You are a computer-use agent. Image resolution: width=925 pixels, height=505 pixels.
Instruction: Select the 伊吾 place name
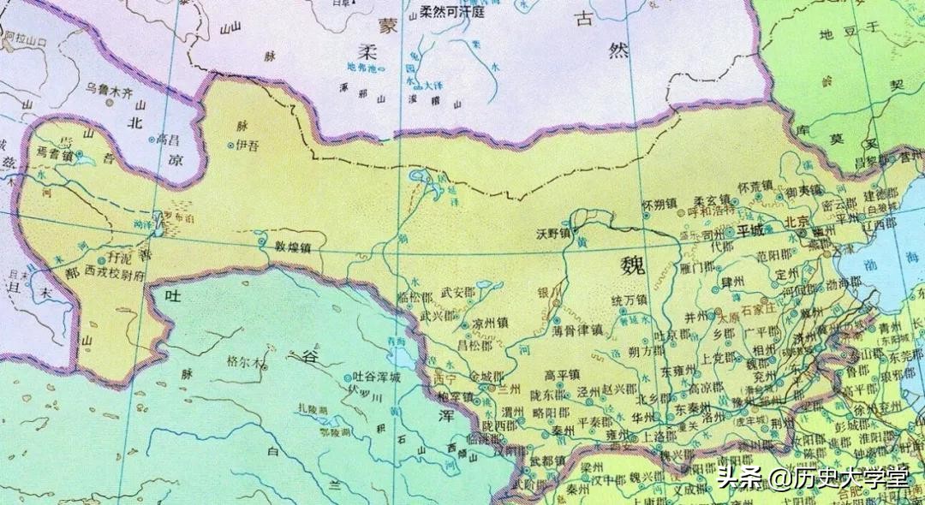point(246,146)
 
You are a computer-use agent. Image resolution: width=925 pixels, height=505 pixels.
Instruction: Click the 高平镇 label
point(563,375)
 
